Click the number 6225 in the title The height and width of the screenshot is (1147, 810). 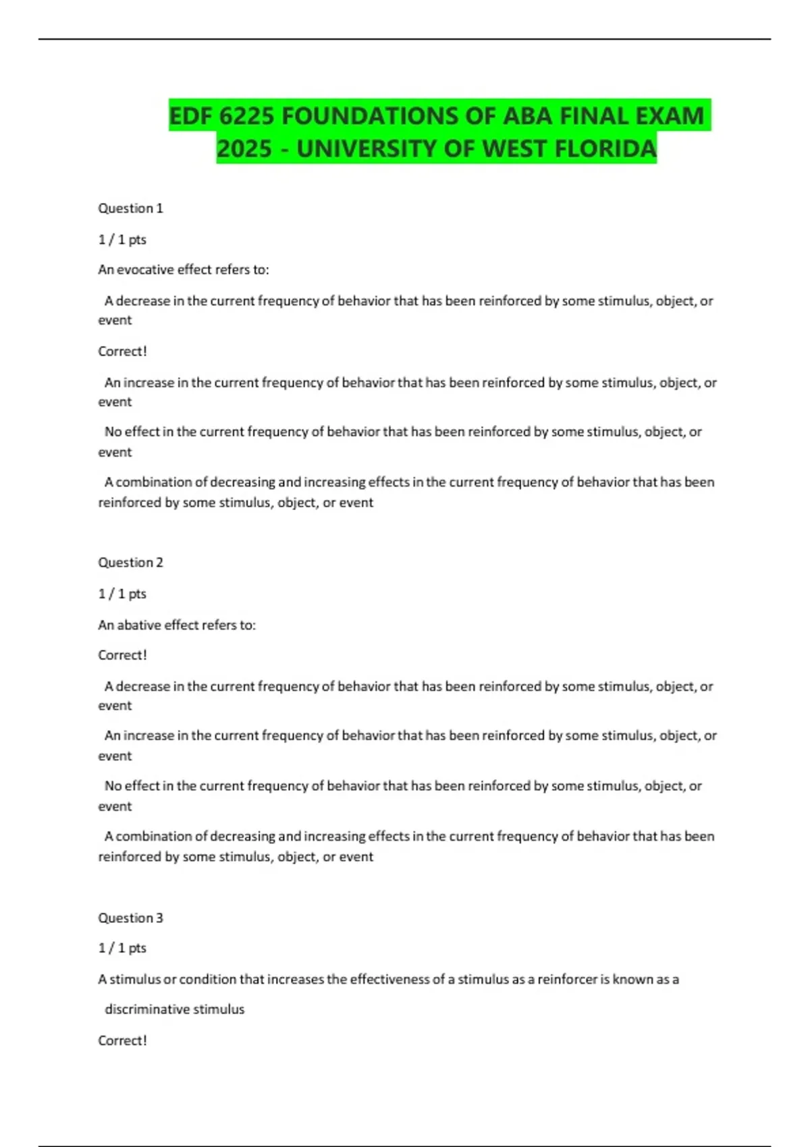click(x=246, y=116)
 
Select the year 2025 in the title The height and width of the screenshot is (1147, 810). click(x=244, y=148)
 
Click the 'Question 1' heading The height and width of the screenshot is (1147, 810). click(x=130, y=208)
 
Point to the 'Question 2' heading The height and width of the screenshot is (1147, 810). click(x=130, y=563)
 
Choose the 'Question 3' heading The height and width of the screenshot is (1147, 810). click(x=130, y=918)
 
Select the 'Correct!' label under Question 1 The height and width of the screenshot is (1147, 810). click(x=122, y=352)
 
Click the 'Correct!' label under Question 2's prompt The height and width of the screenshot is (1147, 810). click(x=122, y=655)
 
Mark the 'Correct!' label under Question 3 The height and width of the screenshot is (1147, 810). click(x=122, y=1040)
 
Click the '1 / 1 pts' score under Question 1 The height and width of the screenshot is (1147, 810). click(x=122, y=240)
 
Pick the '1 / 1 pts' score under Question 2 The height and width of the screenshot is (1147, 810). click(x=122, y=594)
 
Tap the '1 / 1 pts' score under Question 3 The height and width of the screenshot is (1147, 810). click(x=122, y=948)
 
